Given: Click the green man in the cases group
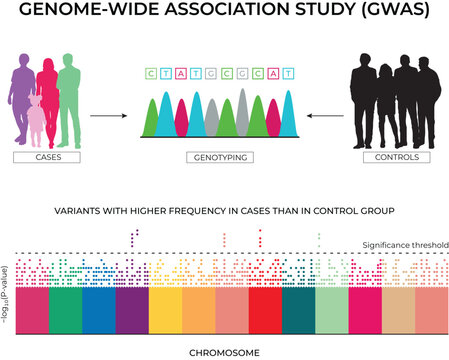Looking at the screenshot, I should coord(68,100).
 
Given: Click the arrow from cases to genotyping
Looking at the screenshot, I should coord(108,116).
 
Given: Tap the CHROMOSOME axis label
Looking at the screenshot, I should coord(225,351).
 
